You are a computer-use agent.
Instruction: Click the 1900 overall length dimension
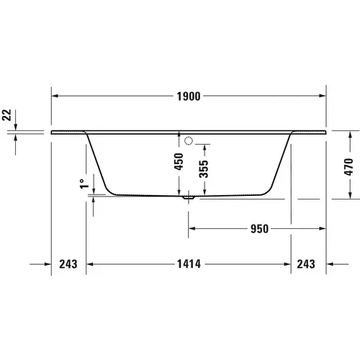tap(189, 95)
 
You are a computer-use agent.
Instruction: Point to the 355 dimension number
tap(204, 169)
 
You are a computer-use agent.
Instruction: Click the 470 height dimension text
tap(349, 167)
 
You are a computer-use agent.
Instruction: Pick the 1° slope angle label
tap(84, 185)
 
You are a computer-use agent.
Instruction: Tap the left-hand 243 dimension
tap(67, 264)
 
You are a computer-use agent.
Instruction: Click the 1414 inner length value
tap(188, 264)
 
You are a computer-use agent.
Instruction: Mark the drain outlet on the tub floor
tap(189, 195)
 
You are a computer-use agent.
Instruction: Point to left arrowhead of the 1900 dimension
tap(55, 95)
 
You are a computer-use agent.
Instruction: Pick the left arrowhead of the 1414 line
tap(89, 264)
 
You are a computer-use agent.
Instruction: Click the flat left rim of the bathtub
tap(68, 132)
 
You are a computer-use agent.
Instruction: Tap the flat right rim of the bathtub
tap(310, 132)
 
